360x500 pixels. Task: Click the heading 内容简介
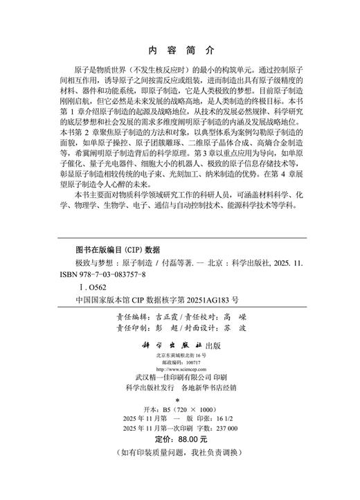pyautogui.click(x=180, y=51)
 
